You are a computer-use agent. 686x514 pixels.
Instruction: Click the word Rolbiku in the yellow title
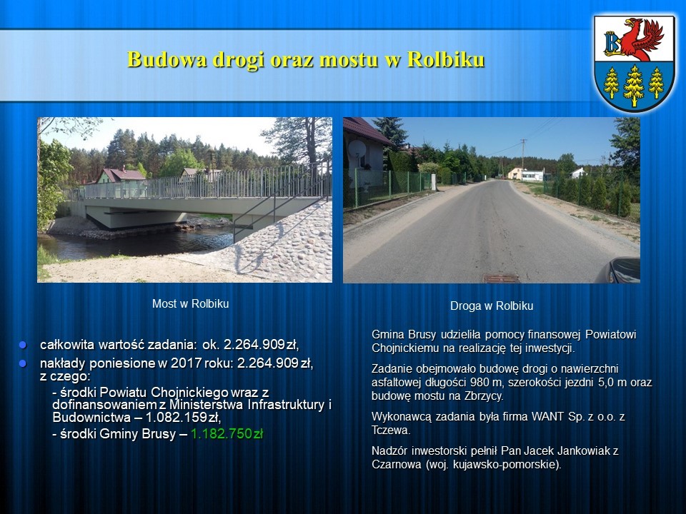coord(446,59)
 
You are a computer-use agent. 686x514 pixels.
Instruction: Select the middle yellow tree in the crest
coord(634,86)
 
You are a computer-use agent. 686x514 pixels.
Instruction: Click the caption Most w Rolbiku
coord(190,304)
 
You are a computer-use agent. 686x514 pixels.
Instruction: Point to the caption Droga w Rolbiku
coord(492,306)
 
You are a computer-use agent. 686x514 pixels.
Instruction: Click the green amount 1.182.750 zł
coord(227,433)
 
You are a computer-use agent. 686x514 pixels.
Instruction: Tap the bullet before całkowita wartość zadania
coord(23,345)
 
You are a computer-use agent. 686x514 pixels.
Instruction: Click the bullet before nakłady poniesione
coord(23,363)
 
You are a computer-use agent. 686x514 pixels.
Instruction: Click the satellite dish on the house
coord(357,149)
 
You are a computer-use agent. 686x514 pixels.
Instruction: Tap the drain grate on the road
coord(501,278)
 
